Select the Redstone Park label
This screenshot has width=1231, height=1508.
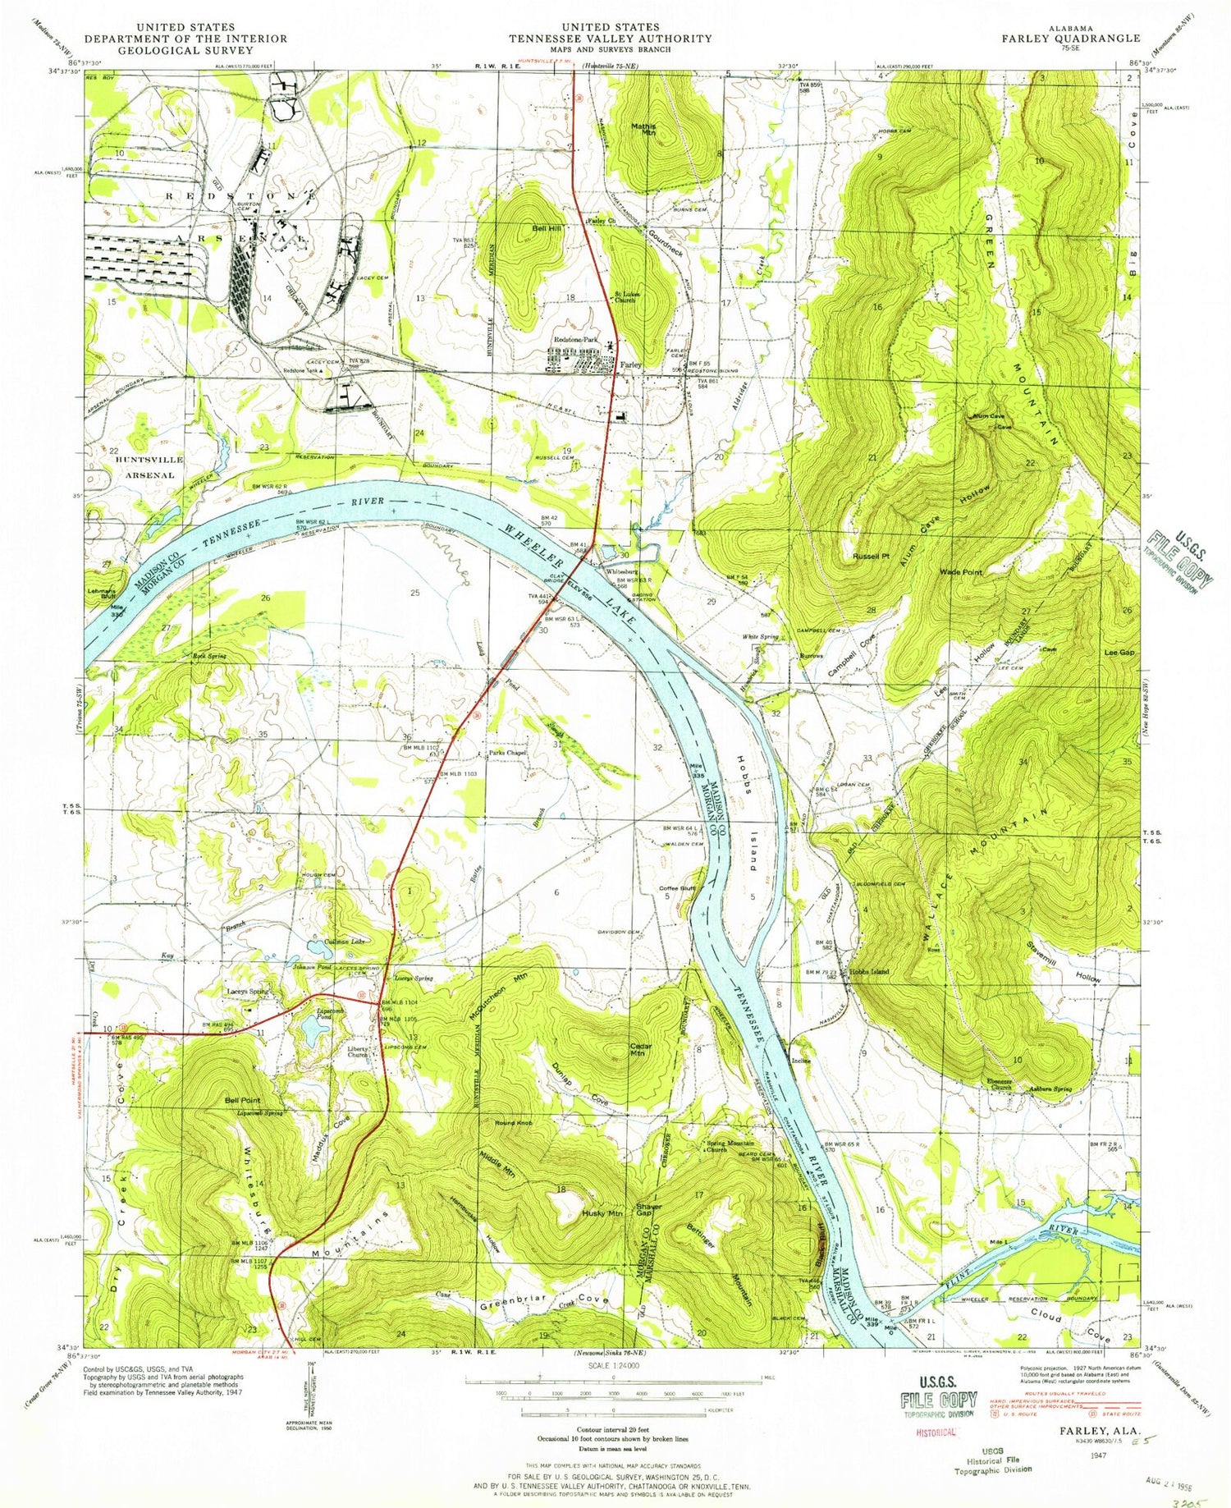point(578,339)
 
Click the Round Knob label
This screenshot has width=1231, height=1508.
point(514,1122)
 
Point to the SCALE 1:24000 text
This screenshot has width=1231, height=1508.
point(615,1364)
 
